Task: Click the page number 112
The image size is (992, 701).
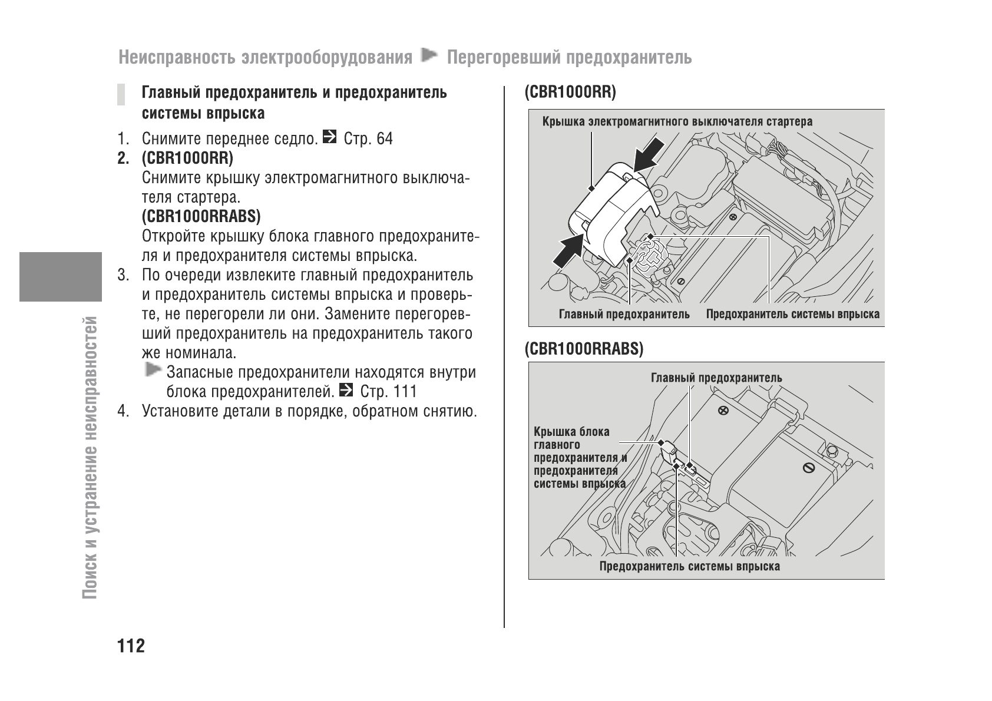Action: [131, 646]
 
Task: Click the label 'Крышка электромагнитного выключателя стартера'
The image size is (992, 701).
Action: [677, 122]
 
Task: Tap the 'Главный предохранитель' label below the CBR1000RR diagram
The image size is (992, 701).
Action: [624, 315]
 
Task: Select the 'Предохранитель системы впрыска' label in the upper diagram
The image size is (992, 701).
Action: [792, 315]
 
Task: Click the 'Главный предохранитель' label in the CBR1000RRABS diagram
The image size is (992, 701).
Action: [716, 378]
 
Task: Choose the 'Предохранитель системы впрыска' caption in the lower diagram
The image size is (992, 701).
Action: [689, 567]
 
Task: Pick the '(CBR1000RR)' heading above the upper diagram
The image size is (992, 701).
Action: [570, 92]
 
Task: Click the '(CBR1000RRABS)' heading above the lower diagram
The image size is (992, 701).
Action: [584, 349]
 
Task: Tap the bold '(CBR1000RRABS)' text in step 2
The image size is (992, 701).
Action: [201, 217]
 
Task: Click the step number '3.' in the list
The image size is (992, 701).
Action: [123, 276]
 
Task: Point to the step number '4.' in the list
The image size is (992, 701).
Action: [123, 411]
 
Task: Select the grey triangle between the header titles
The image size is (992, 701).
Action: [430, 57]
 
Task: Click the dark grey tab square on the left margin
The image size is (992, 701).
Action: [61, 276]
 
